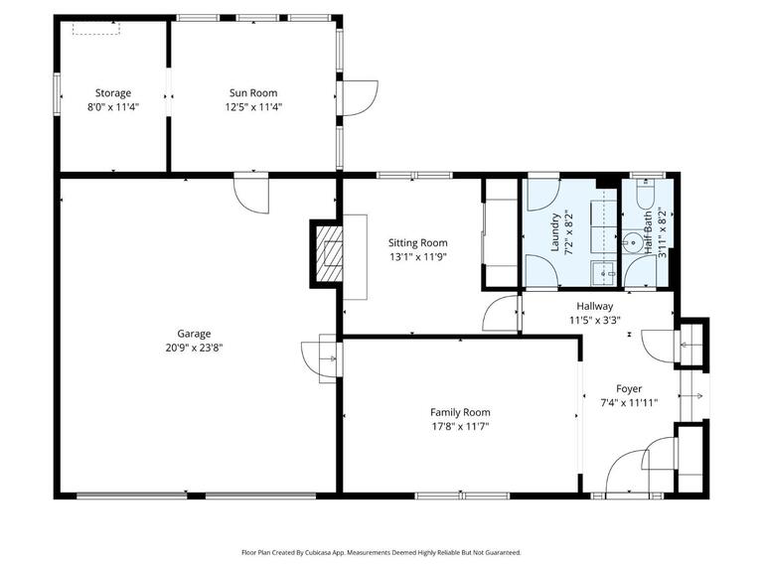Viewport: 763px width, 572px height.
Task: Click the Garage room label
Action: tap(194, 334)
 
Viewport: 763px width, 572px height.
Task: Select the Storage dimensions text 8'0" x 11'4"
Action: tap(113, 107)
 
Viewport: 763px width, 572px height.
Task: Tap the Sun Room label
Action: tap(253, 93)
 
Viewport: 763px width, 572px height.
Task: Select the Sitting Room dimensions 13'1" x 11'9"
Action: tap(417, 256)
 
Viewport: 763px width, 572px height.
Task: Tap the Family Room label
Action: tap(460, 412)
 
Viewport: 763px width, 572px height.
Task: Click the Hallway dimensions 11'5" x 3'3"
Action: tap(595, 321)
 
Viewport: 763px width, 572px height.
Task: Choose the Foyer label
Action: tap(628, 388)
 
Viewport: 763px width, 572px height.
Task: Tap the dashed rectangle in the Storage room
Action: tap(96, 29)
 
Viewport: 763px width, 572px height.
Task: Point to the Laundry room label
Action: tap(556, 234)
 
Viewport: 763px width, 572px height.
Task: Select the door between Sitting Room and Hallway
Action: tap(500, 314)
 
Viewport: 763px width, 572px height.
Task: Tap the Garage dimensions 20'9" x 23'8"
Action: tap(194, 348)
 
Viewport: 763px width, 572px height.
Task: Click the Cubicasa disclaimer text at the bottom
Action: tap(381, 552)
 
